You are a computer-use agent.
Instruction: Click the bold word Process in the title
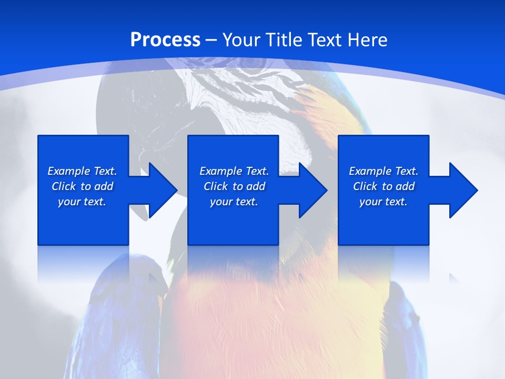pyautogui.click(x=165, y=40)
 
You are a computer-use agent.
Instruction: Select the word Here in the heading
pyautogui.click(x=366, y=40)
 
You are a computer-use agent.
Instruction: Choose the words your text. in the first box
pyautogui.click(x=82, y=202)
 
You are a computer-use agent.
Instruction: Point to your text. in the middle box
pyautogui.click(x=234, y=202)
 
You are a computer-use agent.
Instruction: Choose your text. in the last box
pyautogui.click(x=383, y=202)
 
